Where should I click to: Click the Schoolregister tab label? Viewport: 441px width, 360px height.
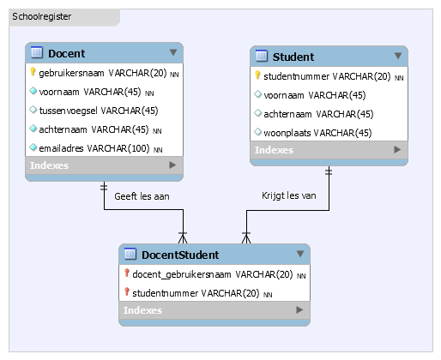[x=42, y=16]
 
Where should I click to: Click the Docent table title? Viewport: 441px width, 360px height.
[x=66, y=53]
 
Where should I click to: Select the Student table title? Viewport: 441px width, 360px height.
[x=293, y=57]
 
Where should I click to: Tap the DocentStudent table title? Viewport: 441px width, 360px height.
[x=180, y=255]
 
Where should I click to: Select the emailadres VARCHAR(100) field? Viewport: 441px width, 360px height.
[x=94, y=148]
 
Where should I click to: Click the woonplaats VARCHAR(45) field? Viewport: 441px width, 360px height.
[x=317, y=132]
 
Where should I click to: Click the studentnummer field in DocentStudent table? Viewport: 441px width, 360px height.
[x=196, y=293]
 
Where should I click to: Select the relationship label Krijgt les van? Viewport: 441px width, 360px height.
[x=290, y=196]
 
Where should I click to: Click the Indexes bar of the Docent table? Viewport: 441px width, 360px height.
[x=103, y=165]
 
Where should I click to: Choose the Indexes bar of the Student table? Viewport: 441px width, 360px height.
[x=329, y=150]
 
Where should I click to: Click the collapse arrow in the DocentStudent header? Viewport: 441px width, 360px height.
[x=299, y=254]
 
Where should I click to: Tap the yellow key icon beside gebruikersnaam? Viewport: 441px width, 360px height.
[x=33, y=73]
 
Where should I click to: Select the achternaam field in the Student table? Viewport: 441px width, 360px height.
[x=318, y=114]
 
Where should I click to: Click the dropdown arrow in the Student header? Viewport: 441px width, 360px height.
[x=397, y=57]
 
